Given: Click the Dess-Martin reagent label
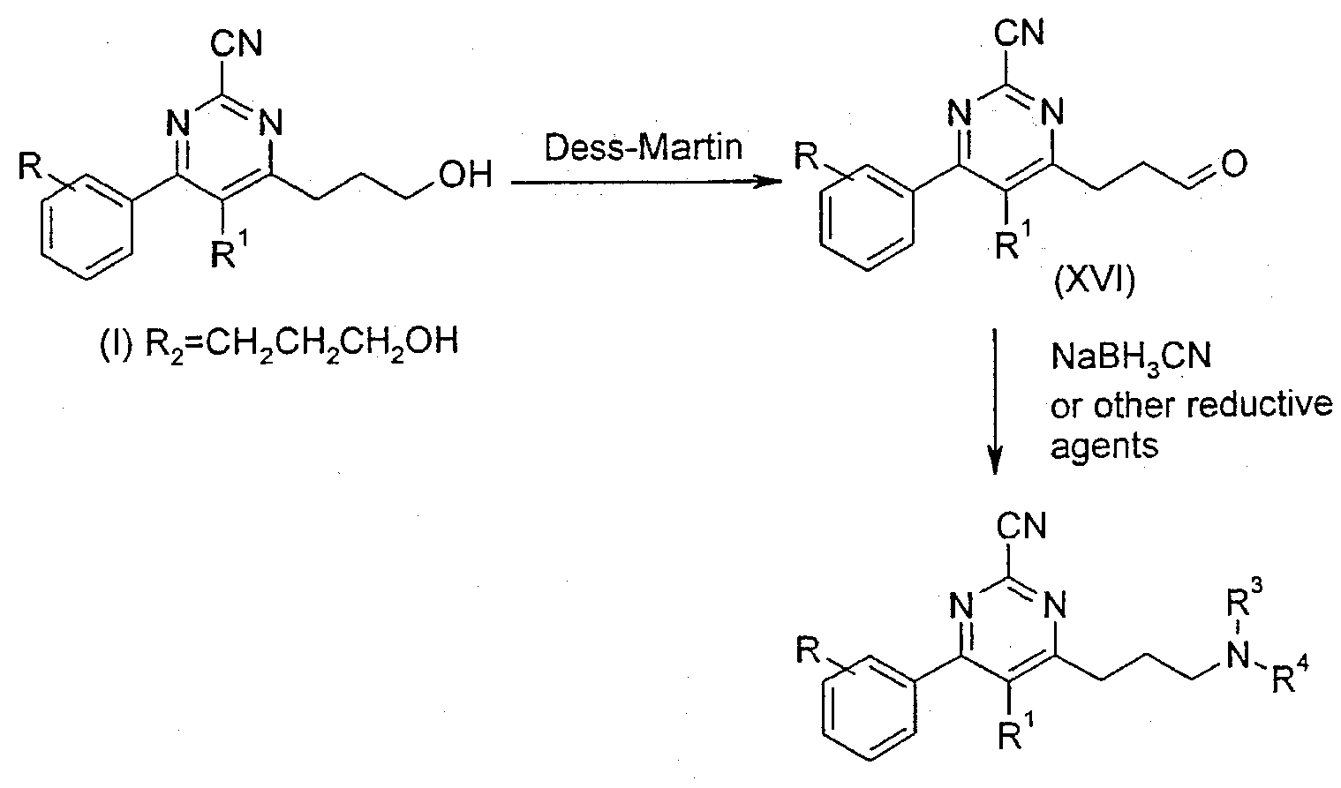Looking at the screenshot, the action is click(x=643, y=147).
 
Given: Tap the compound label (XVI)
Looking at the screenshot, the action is click(x=1094, y=283).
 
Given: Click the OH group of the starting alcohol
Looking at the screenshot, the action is click(x=465, y=175).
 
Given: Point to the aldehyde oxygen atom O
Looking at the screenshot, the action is click(x=1234, y=163).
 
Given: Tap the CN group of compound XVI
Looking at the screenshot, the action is click(x=1019, y=32).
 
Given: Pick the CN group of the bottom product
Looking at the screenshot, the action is click(x=1021, y=527).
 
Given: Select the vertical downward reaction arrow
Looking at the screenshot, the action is click(x=994, y=400).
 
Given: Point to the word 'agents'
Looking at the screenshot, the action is click(x=1104, y=446).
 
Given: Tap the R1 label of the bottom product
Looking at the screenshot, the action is click(x=1016, y=730).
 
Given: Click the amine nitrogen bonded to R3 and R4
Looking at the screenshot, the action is click(x=1237, y=656).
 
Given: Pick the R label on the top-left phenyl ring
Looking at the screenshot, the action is click(x=30, y=166).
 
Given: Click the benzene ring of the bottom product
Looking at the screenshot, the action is click(x=869, y=708).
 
